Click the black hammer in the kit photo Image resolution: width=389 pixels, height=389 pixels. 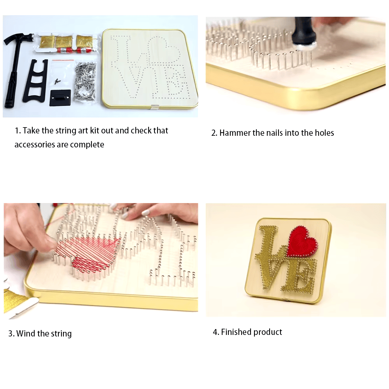tap(14, 62)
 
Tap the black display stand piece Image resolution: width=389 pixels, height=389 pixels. tap(36, 81)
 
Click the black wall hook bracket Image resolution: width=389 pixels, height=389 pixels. tap(60, 98)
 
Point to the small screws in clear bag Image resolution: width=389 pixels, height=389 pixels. tap(58, 81)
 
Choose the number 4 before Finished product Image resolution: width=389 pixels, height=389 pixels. tap(216, 332)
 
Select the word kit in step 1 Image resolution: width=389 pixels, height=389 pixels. tap(94, 130)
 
